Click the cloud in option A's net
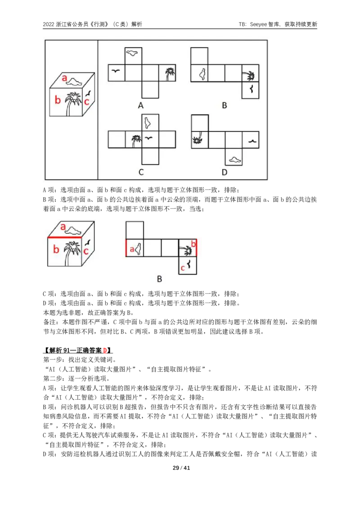tap(132, 53)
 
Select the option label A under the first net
tap(141, 105)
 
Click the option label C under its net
tap(141, 172)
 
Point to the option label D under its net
tap(224, 172)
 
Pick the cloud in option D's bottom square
tap(234, 159)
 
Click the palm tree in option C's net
tap(136, 141)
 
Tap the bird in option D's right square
tap(252, 141)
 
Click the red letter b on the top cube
tap(58, 99)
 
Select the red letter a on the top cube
tap(64, 78)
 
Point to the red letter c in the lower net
tap(183, 268)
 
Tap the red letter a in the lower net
tap(131, 249)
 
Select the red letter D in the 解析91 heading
tap(105, 350)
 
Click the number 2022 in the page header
tap(49, 24)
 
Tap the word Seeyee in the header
tap(259, 24)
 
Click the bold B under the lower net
tap(159, 279)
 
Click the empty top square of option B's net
tap(199, 56)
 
